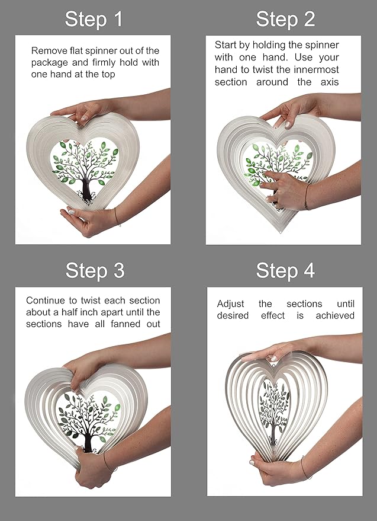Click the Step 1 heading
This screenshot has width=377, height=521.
[94, 19]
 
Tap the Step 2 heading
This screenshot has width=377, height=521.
[285, 19]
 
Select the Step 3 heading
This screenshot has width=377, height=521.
[95, 270]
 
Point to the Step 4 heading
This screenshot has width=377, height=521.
[285, 270]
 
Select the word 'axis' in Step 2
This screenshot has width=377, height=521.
[330, 82]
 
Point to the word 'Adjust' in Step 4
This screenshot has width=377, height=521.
[231, 304]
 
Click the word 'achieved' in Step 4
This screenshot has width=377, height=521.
[335, 315]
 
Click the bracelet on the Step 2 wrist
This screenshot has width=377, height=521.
[307, 197]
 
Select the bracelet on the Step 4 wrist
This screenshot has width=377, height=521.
[307, 468]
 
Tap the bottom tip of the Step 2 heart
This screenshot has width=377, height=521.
[281, 232]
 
